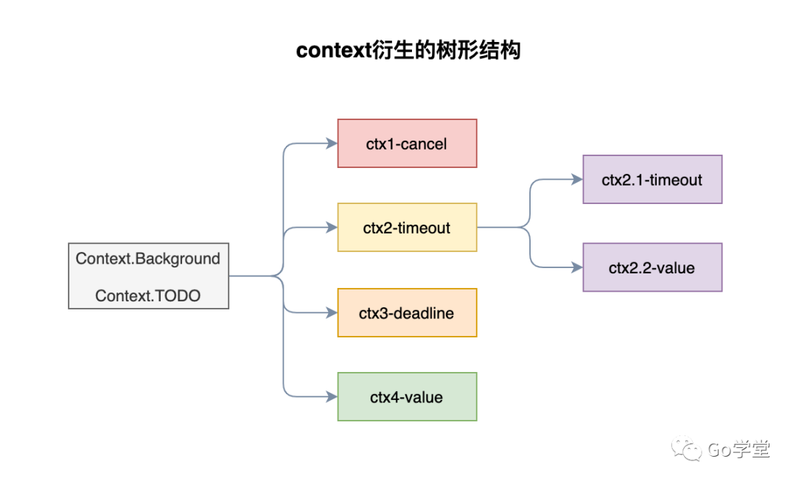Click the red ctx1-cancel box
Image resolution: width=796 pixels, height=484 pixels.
(407, 144)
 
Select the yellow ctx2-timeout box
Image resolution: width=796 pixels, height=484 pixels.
(407, 228)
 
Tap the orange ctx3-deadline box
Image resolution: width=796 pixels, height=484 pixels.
(407, 312)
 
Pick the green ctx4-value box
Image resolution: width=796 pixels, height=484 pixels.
(407, 397)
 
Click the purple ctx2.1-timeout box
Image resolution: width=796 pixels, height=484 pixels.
(652, 180)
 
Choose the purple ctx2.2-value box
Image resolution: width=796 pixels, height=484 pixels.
(652, 267)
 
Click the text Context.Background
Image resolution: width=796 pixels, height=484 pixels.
(147, 259)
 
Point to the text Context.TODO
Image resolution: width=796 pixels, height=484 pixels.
(147, 296)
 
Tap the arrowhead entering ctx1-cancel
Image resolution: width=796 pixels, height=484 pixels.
(332, 144)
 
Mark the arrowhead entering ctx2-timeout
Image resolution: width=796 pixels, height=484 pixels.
(332, 228)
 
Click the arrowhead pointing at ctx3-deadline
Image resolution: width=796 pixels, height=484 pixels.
(332, 312)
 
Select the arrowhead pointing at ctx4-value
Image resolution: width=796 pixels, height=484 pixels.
(332, 397)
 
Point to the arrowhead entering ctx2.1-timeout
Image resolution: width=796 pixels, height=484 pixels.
(577, 180)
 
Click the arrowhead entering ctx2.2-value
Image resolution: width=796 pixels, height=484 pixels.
(577, 267)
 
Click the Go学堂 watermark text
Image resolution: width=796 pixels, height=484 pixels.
(739, 449)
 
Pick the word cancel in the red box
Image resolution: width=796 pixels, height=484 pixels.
(425, 144)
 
